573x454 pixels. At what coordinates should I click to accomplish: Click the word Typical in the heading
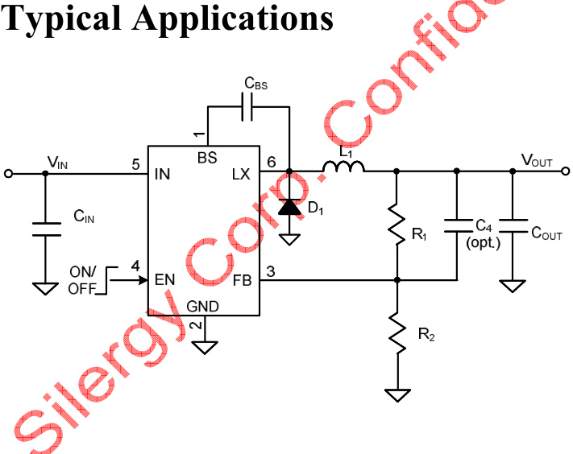(x=61, y=18)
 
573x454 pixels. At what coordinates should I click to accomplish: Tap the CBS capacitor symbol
(x=249, y=106)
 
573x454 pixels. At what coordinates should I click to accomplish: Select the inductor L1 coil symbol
(x=343, y=167)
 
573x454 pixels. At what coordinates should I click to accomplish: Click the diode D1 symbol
(x=289, y=206)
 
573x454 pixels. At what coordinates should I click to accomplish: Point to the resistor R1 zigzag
(x=397, y=227)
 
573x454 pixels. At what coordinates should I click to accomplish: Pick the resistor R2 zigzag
(x=397, y=330)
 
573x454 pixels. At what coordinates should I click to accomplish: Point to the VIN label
(x=57, y=162)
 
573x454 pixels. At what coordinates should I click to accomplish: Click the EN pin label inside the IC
(x=165, y=280)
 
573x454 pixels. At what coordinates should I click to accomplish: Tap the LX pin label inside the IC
(x=241, y=173)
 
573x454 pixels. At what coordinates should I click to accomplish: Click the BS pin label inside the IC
(x=207, y=157)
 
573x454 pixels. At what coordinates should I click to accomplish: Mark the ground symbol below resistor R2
(x=397, y=395)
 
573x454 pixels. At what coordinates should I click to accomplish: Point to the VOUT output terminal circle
(x=566, y=171)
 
